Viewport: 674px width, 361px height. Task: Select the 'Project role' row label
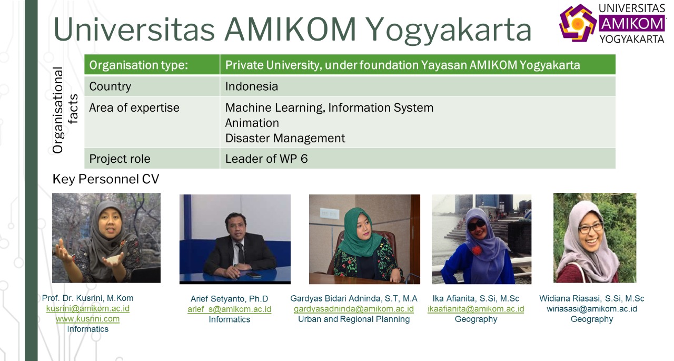[x=120, y=159]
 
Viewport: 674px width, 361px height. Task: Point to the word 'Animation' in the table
[x=252, y=123]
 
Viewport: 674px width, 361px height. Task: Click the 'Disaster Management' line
[x=285, y=138]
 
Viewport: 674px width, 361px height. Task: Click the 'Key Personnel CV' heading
[x=106, y=179]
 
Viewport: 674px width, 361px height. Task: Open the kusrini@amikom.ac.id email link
[x=88, y=309]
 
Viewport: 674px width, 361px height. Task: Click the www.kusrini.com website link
[x=87, y=319]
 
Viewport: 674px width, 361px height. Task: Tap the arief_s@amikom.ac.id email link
[x=229, y=309]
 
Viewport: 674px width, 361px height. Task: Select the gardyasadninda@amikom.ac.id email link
[x=354, y=309]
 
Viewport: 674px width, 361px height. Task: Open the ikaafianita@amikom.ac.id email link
[x=475, y=309]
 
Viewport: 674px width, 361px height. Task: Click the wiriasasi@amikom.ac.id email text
[x=592, y=309]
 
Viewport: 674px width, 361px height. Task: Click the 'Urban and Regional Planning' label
[x=354, y=319]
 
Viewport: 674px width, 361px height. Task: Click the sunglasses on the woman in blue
[x=477, y=225]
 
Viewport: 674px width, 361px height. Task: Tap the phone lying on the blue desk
[x=254, y=275]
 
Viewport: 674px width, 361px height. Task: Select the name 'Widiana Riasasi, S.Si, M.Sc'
[x=591, y=298]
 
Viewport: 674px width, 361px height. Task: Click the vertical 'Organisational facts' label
[x=65, y=110]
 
